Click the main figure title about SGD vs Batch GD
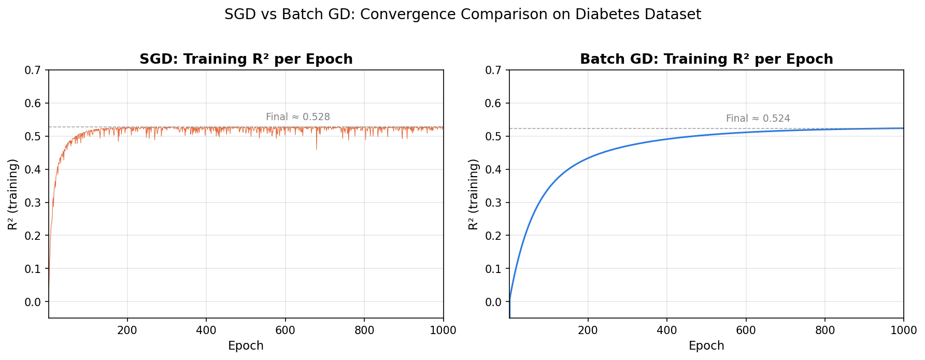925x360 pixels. (462, 15)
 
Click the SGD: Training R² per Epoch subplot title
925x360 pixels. (246, 59)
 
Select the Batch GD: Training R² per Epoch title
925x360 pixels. (706, 59)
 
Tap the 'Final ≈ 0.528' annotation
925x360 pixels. (298, 117)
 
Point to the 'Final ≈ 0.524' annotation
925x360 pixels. (758, 119)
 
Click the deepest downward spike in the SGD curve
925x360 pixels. (317, 149)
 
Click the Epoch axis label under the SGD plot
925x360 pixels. (246, 346)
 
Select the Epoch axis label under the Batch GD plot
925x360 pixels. (706, 346)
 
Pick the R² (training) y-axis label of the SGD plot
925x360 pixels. (13, 194)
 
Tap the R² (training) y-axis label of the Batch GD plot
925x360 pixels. (473, 194)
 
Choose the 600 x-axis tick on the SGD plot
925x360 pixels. (285, 330)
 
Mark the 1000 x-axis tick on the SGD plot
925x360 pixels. (443, 330)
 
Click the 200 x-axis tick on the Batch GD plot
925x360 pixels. (588, 330)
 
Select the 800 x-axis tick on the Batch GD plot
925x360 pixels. (824, 330)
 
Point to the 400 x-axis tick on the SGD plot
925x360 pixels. (206, 330)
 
